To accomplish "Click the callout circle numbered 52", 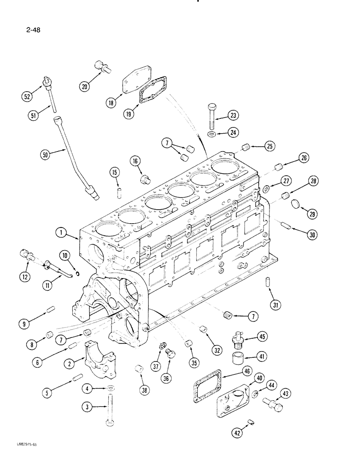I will pyautogui.click(x=26, y=97).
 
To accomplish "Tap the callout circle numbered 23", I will pyautogui.click(x=233, y=116).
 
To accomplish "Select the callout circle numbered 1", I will pyautogui.click(x=60, y=232).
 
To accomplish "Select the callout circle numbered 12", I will pyautogui.click(x=24, y=277).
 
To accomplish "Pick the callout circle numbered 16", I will pyautogui.click(x=135, y=161).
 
